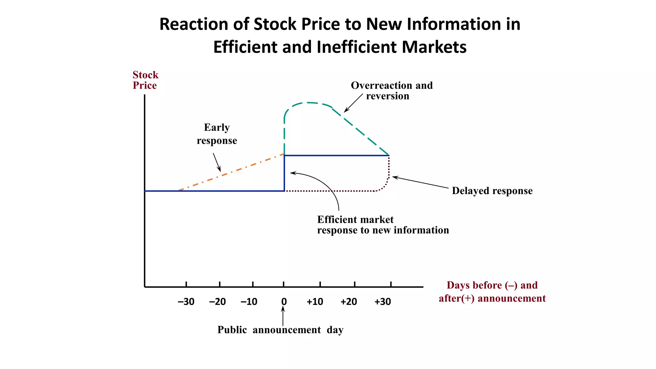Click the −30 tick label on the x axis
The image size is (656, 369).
click(x=186, y=302)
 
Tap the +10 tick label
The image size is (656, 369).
click(x=315, y=302)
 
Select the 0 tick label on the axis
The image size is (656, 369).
click(x=284, y=302)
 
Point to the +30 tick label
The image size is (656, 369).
click(x=382, y=302)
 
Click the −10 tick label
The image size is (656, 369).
click(x=249, y=302)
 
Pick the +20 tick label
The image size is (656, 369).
click(x=348, y=302)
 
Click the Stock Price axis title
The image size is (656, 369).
click(x=145, y=80)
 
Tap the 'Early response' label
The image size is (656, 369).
click(x=217, y=134)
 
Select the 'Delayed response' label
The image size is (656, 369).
click(x=492, y=191)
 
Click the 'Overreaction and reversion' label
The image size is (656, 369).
click(x=391, y=91)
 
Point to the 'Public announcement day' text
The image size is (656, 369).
click(x=280, y=330)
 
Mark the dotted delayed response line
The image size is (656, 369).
click(x=330, y=191)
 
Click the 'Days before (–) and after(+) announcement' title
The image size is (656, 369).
click(x=492, y=292)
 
